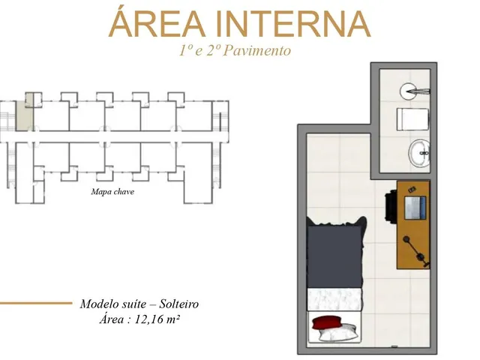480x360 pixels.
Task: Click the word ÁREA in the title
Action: (x=157, y=22)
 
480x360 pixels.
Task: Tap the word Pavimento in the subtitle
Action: (x=256, y=51)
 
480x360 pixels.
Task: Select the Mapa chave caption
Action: (x=112, y=192)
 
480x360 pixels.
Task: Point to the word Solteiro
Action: (x=179, y=304)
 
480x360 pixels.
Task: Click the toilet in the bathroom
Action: (x=412, y=119)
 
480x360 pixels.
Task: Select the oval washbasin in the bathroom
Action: (x=419, y=153)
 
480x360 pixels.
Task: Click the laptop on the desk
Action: (x=415, y=208)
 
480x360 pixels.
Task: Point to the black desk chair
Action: (x=391, y=205)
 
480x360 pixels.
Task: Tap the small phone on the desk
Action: (x=412, y=190)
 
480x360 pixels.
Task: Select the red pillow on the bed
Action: (x=327, y=322)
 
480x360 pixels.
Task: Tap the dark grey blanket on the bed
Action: (x=335, y=255)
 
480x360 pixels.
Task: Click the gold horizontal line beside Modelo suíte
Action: (x=36, y=303)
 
